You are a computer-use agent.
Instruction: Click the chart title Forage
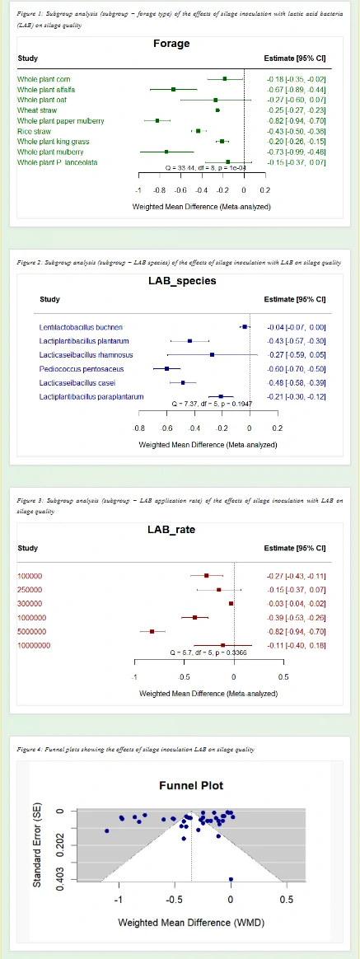point(171,44)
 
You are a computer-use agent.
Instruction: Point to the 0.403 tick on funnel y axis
point(48,879)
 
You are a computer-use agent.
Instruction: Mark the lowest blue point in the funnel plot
point(231,879)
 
